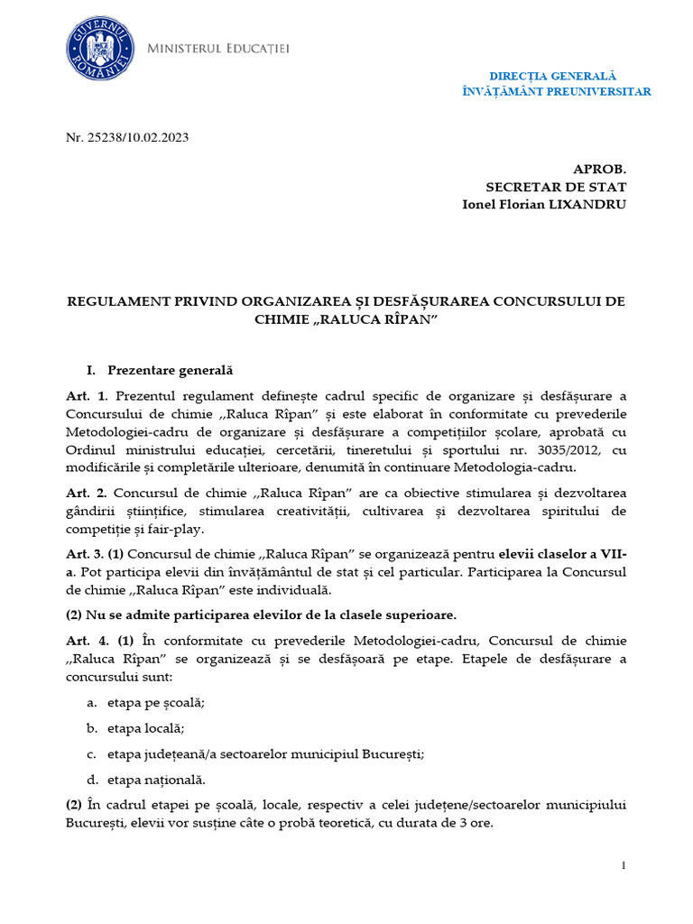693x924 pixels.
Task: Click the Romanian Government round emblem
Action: (x=97, y=50)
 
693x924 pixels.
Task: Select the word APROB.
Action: (x=599, y=170)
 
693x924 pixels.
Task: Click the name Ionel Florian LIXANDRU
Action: (x=543, y=204)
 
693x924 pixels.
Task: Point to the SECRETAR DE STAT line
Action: (x=555, y=187)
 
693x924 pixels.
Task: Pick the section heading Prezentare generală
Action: (x=170, y=370)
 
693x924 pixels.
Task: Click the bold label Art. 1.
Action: (x=87, y=397)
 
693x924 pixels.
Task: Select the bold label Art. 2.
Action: (x=87, y=492)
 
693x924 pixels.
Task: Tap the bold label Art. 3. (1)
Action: (x=101, y=554)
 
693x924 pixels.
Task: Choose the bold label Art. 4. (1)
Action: (x=101, y=640)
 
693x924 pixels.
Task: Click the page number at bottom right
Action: (x=624, y=866)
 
